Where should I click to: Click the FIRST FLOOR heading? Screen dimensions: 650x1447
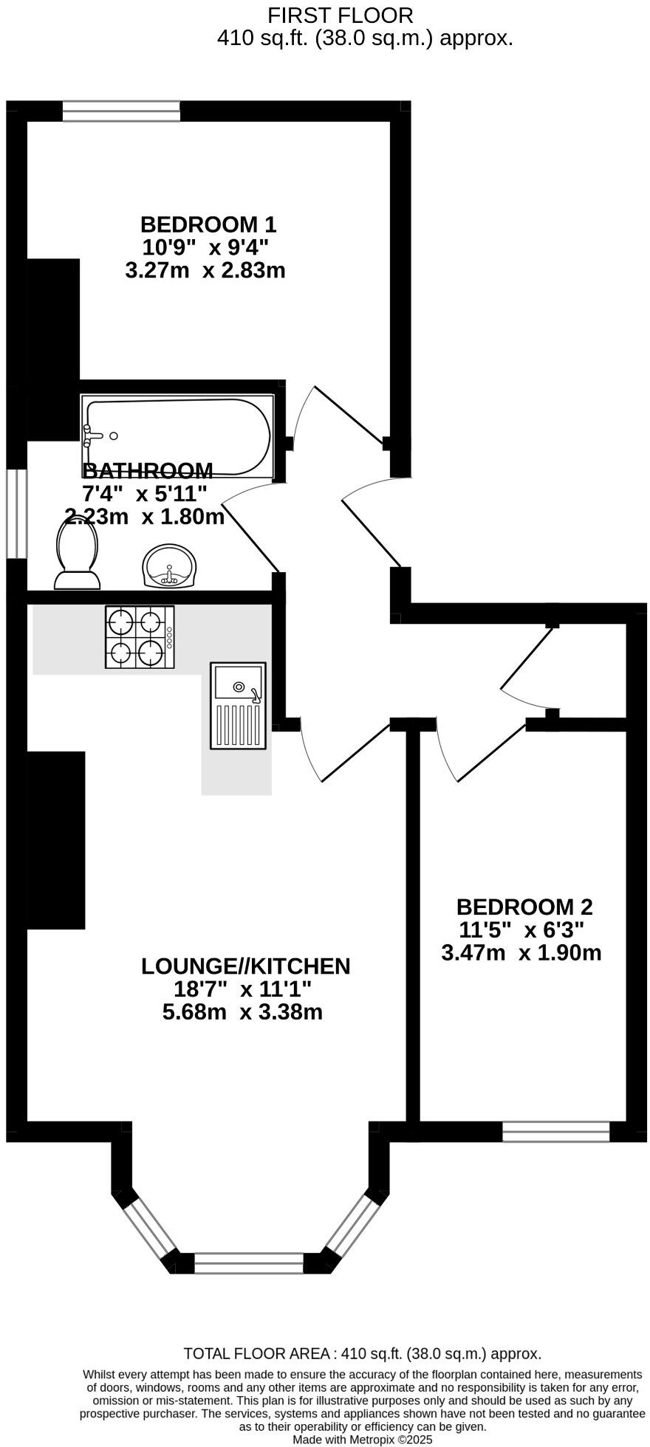(340, 15)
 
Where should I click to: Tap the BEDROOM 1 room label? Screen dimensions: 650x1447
(208, 224)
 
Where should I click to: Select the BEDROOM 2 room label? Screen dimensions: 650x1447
(524, 906)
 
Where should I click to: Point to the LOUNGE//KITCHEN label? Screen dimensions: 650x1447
(245, 966)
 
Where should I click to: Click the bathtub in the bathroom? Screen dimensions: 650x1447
(177, 436)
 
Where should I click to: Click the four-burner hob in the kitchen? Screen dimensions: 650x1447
(140, 637)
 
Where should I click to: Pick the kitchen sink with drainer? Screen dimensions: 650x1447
(238, 705)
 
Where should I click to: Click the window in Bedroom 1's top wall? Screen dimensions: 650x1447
(121, 111)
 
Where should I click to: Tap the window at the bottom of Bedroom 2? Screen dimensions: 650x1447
(556, 1131)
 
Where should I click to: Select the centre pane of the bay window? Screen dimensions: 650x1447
(249, 1262)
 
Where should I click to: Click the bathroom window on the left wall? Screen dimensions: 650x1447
(17, 513)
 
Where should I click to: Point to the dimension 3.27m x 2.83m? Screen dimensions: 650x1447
(205, 270)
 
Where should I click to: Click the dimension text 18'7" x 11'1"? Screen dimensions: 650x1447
(242, 989)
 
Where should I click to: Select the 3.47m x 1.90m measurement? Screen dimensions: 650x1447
(521, 952)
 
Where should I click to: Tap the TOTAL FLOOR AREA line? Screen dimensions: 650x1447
(363, 1353)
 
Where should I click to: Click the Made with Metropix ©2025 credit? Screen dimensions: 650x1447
(363, 1439)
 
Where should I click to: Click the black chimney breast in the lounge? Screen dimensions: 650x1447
(56, 840)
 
